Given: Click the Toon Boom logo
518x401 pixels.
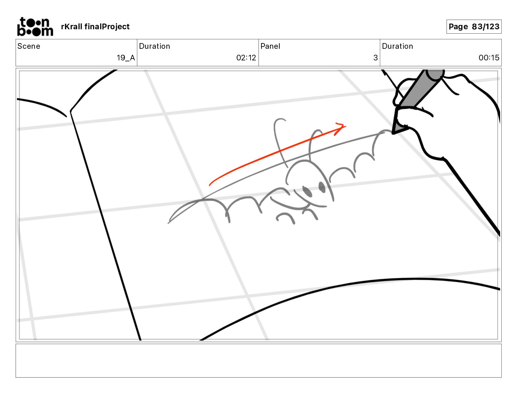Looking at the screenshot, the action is coord(35,27).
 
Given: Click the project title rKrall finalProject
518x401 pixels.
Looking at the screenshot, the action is coord(95,27).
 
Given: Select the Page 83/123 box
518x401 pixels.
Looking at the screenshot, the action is coord(474,27).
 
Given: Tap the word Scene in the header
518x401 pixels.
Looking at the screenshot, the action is coord(29,46).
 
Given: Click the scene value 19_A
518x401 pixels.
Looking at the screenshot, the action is coord(126,58).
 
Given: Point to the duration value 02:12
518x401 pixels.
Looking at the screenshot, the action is coord(246,58).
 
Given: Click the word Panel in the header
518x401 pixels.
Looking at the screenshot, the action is coord(270,46).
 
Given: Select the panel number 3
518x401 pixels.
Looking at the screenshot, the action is coord(375,58).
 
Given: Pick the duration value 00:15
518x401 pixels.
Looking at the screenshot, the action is coord(489,58).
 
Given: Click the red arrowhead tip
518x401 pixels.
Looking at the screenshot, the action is coord(345,126).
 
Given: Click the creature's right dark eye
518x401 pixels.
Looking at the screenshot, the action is coord(322,187).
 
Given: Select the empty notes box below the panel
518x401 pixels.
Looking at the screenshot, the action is coord(258,360).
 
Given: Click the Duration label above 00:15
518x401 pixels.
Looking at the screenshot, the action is coord(397,46).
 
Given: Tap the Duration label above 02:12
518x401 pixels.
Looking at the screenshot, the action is coord(154,46).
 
